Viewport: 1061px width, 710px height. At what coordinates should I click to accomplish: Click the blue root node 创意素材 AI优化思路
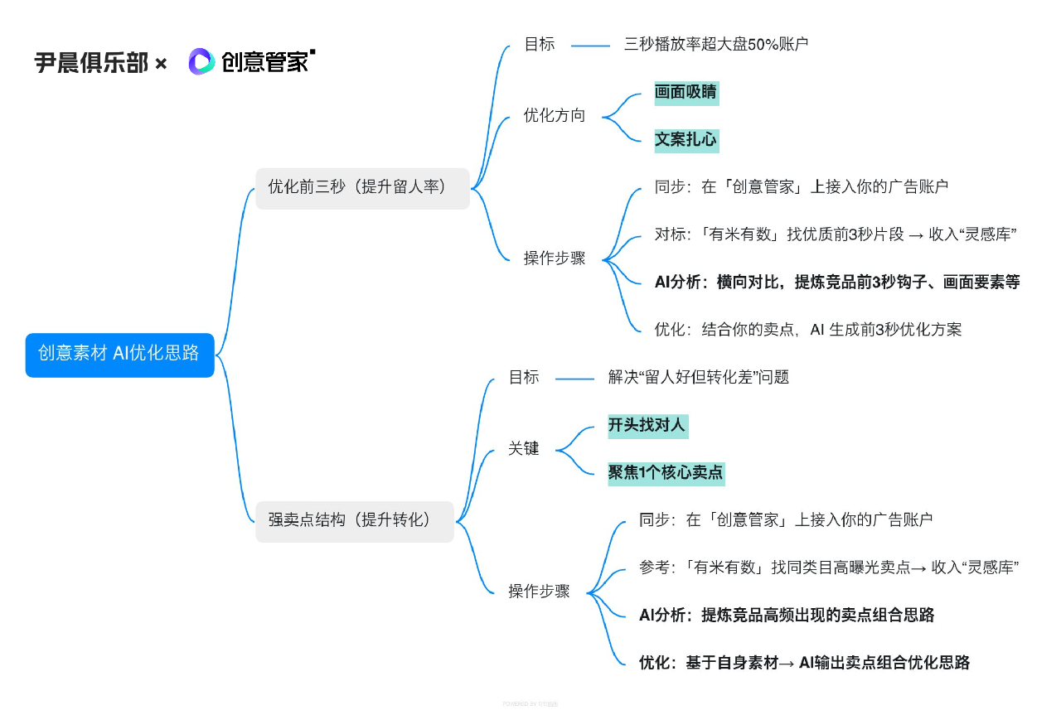tap(119, 354)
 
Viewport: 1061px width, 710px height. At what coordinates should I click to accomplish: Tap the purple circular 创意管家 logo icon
tap(201, 61)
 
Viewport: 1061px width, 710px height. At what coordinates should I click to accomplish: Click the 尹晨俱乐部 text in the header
tap(91, 62)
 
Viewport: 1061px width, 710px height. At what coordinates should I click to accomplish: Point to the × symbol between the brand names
tap(161, 63)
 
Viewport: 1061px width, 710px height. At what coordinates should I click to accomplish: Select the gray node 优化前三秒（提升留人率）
tap(362, 187)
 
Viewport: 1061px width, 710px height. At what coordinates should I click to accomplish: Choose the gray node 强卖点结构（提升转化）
tap(354, 520)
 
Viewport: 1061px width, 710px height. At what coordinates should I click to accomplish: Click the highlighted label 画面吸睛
tap(686, 93)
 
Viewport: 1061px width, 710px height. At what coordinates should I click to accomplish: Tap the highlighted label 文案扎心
tap(686, 140)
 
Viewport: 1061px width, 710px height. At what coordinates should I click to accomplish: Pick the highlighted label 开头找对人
tap(647, 426)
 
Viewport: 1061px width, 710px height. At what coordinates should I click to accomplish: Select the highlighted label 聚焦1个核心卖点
tap(666, 473)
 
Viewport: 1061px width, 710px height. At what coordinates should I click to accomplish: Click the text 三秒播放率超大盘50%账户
tap(716, 45)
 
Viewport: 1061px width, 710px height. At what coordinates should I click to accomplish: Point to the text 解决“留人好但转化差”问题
tap(698, 378)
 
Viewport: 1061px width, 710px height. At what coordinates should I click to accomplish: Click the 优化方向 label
tap(555, 116)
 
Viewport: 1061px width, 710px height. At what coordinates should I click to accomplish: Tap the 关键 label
tap(524, 449)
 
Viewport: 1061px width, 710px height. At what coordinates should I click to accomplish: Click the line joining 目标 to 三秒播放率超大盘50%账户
tap(590, 46)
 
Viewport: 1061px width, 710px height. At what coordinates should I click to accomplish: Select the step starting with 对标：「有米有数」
tap(836, 234)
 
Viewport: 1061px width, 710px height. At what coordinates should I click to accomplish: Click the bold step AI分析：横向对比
tap(837, 282)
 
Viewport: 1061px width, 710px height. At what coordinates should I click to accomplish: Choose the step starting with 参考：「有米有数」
tap(829, 568)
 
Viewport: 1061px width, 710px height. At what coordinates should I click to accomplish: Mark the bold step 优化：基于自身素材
tap(804, 663)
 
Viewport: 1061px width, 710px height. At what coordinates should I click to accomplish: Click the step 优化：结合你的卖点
tap(808, 330)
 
